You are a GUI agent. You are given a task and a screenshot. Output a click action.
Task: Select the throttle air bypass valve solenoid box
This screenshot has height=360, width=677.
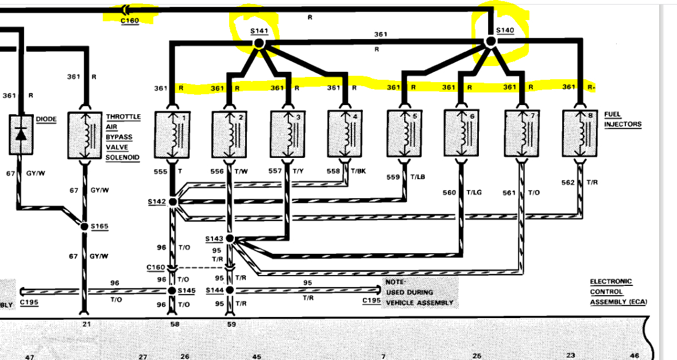point(84,134)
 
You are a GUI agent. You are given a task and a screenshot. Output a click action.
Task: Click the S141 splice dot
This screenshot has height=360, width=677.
point(258,42)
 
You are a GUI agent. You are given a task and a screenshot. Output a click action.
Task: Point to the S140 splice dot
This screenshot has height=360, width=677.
point(490,41)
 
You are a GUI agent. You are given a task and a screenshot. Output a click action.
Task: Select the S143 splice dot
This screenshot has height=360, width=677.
point(230,238)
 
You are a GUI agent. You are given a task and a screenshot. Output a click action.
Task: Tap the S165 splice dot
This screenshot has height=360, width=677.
point(84,227)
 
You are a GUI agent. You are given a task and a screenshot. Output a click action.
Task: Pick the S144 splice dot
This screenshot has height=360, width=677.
point(230,291)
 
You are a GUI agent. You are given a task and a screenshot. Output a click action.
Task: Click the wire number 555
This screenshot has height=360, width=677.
point(161,172)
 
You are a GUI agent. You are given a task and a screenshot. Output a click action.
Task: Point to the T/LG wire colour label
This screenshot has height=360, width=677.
point(474,192)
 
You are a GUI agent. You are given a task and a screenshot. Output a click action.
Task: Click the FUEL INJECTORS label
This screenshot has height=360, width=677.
point(622,119)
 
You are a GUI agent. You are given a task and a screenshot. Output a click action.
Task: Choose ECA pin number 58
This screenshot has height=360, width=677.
point(175,324)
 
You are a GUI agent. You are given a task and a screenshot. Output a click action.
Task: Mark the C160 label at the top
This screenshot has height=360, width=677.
point(130,21)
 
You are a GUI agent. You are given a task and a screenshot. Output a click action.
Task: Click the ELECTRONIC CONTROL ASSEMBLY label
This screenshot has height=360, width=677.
point(617,292)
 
